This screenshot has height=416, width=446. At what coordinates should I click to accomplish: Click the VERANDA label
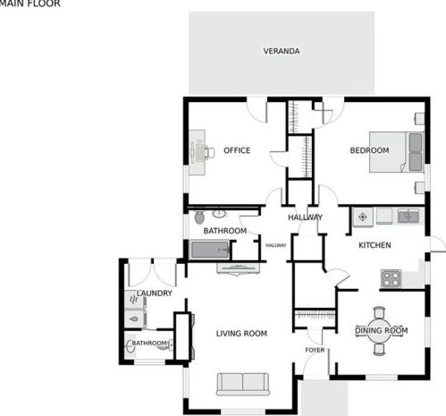pos(282,51)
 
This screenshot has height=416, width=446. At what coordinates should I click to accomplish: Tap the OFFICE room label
pos(237,150)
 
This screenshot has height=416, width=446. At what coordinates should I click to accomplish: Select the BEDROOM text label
pos(369,150)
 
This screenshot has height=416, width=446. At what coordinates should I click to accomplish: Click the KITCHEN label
pos(374,245)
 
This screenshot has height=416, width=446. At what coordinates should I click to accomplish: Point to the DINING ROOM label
pos(382,330)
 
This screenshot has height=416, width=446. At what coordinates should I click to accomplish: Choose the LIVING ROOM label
pos(241,334)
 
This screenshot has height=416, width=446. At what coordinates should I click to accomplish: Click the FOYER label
pos(315,350)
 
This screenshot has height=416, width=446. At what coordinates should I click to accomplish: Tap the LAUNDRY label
pos(155,293)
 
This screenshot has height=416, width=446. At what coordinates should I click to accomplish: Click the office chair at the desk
pos(209,153)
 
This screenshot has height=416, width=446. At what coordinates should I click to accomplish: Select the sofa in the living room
pos(243,384)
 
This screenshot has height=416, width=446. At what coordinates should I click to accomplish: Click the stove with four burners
pos(391,279)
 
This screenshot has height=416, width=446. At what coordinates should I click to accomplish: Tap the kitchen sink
pos(408,216)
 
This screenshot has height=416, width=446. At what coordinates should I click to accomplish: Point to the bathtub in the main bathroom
pos(210,250)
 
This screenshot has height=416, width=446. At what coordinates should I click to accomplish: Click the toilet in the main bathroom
pos(199,216)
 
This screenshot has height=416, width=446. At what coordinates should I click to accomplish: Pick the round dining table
pos(379,330)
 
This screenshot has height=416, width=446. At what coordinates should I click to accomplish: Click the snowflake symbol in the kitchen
pos(362,216)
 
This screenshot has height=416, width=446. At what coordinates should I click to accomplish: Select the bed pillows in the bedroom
pos(416,152)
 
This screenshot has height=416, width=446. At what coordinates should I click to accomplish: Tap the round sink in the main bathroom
pos(219,214)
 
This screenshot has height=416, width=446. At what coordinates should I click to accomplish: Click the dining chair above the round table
pos(379,312)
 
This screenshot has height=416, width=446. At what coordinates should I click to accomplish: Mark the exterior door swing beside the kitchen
pos(438,244)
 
